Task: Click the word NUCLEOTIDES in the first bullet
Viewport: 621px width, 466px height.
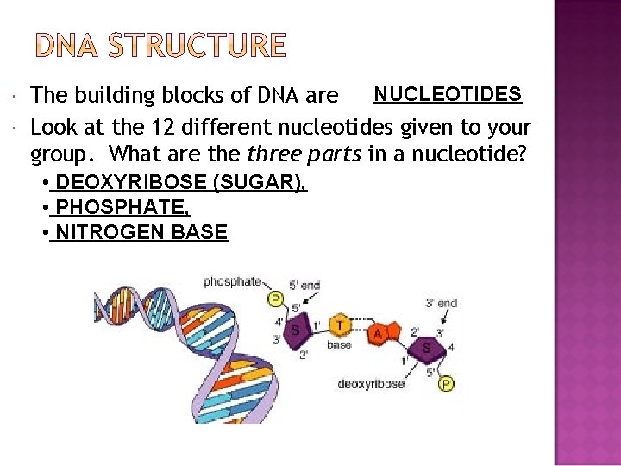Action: point(448,94)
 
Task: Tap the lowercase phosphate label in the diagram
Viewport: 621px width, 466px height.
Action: point(231,281)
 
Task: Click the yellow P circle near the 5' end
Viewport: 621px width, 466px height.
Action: point(276,299)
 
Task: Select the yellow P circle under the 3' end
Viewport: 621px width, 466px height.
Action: point(447,384)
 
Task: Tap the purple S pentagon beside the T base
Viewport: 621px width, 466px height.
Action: point(296,330)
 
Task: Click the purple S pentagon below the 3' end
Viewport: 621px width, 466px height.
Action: point(426,348)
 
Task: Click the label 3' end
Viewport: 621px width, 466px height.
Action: point(441,303)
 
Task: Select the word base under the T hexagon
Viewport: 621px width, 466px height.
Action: point(338,345)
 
